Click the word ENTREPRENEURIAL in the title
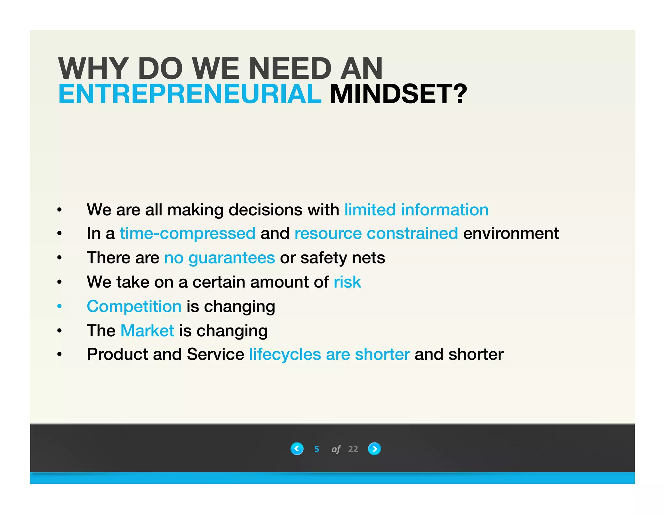[190, 94]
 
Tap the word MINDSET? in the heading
[398, 94]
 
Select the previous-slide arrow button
[297, 449]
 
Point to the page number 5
[317, 449]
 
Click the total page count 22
[353, 449]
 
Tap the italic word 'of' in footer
[336, 449]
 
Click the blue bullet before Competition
[59, 306]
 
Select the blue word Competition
[134, 306]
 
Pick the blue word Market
[147, 331]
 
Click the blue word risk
[347, 282]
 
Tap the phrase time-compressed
[188, 233]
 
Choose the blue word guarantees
[232, 258]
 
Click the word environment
[511, 233]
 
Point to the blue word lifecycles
[285, 354]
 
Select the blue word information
[445, 210]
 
